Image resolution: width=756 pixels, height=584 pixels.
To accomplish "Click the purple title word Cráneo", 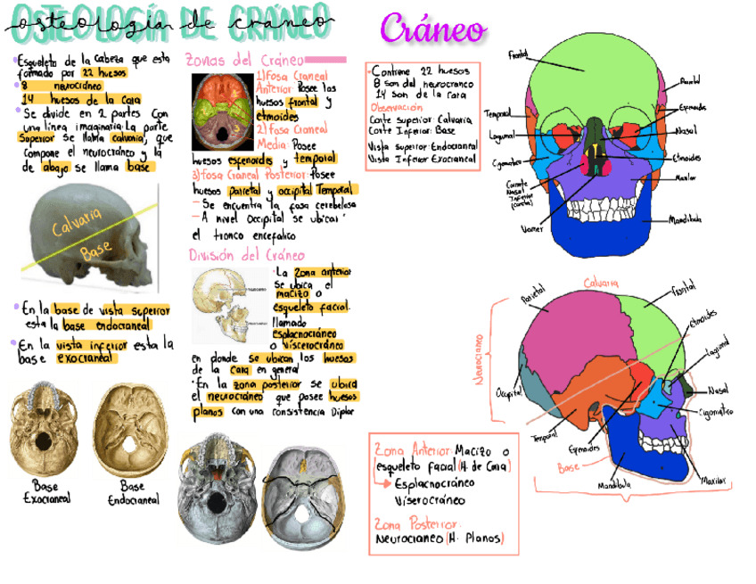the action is (433, 29).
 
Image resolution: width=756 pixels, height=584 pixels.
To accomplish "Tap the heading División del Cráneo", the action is (241, 255).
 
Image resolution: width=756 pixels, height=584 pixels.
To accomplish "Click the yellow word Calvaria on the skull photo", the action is (76, 224).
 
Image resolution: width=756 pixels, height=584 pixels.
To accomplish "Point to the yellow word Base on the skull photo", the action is (93, 252).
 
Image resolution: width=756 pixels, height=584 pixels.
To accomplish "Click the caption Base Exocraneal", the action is (45, 493).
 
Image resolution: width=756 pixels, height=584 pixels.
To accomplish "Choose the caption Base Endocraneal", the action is (133, 493).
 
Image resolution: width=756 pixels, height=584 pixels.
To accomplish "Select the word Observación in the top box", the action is (396, 106).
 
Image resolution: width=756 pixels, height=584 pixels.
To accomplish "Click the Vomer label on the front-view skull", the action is (532, 228).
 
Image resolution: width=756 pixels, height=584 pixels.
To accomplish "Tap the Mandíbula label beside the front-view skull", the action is (685, 218).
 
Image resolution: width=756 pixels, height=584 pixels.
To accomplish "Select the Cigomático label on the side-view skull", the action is (716, 412).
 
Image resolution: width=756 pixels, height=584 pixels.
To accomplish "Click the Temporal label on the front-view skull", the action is (497, 113).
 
